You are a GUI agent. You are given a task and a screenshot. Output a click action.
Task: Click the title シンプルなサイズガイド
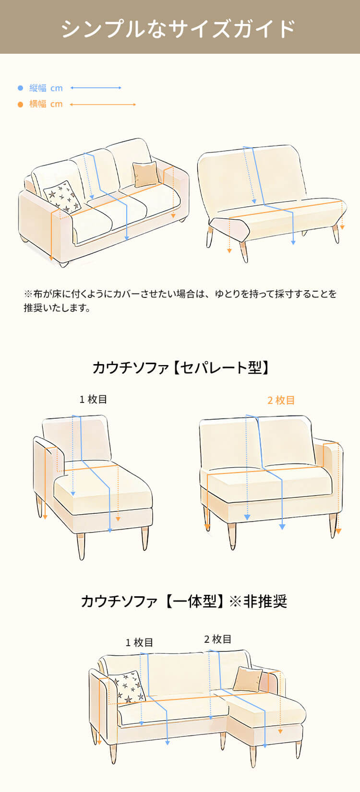pos(179,28)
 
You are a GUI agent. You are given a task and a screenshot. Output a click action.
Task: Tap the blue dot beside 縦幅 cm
pos(21,88)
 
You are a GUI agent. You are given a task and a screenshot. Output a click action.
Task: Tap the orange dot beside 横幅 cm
pos(21,104)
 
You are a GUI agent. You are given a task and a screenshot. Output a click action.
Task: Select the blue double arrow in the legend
pos(96,88)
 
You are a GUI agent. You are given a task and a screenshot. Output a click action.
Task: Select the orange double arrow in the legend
pos(103,104)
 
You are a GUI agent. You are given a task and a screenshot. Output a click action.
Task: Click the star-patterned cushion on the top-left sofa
pos(62,197)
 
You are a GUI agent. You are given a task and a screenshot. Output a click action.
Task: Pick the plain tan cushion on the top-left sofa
pos(145,174)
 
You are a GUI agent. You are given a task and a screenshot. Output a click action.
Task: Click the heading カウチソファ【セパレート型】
pos(180,368)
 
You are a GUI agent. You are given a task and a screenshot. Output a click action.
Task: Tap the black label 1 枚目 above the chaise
pos(93,399)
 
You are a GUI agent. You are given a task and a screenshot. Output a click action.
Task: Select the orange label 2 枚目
pos(281,400)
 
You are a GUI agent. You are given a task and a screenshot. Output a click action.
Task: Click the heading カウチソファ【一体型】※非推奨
pos(184,601)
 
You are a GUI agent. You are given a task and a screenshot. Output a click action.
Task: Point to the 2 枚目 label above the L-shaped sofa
pos(218,639)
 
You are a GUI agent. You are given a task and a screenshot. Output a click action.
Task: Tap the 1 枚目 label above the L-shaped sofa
pos(139,642)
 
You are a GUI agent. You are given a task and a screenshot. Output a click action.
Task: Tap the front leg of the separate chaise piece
pos(81,546)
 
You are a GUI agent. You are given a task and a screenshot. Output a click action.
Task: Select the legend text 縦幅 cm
pos(46,88)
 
